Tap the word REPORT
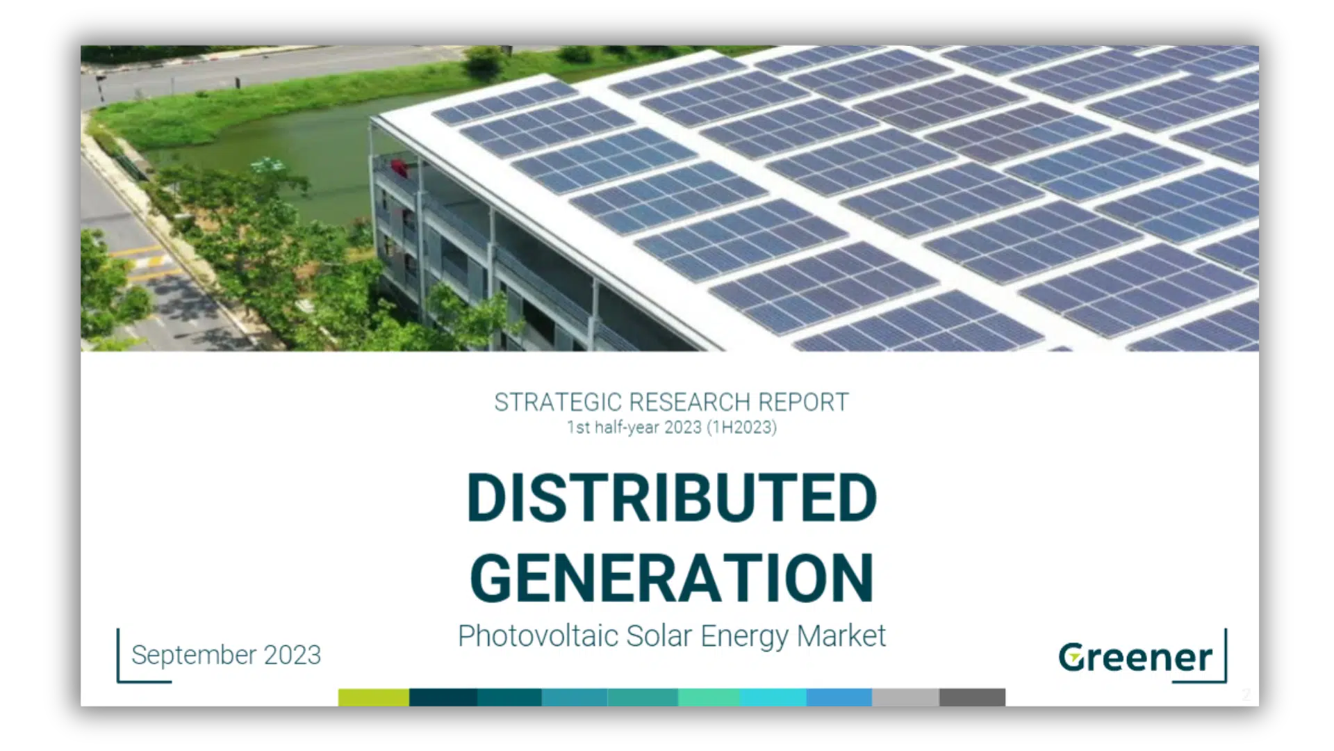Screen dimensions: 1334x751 pyautogui.click(x=803, y=403)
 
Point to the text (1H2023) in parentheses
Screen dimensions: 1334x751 pyautogui.click(x=741, y=427)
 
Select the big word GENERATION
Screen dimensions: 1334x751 pyautogui.click(x=672, y=578)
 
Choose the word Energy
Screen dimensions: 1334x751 pyautogui.click(x=745, y=637)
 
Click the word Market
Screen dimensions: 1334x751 pyautogui.click(x=841, y=636)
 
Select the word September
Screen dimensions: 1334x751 pyautogui.click(x=194, y=656)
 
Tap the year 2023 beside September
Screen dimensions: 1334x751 pyautogui.click(x=293, y=655)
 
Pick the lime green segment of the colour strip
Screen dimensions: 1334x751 pyautogui.click(x=374, y=697)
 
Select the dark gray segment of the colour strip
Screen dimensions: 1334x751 pyautogui.click(x=972, y=697)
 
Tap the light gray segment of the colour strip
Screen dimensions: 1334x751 pyautogui.click(x=905, y=697)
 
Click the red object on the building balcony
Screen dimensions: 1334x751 pyautogui.click(x=399, y=168)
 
